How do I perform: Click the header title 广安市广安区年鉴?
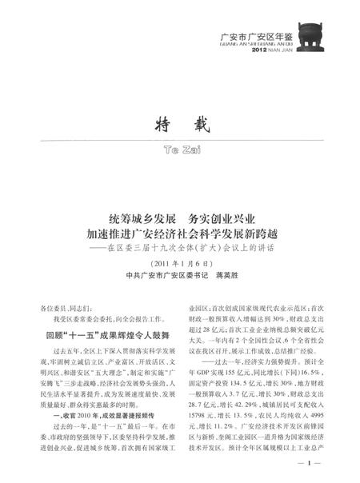point(251,35)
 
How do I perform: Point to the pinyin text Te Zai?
point(180,150)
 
